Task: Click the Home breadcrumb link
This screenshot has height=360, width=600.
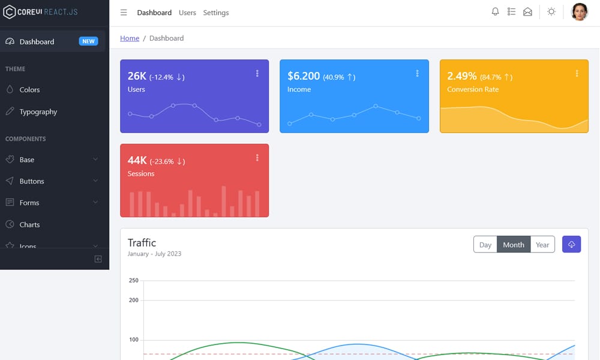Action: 130,38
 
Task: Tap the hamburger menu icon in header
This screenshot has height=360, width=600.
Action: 124,13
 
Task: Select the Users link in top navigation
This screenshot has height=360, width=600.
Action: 187,13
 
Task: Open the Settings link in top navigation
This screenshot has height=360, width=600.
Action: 215,13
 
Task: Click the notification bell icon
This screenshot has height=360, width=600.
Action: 495,12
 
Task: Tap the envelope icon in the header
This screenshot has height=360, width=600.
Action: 527,12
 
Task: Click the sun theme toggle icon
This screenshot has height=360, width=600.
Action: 551,12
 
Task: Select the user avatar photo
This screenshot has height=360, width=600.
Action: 579,12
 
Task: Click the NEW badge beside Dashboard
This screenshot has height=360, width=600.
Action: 89,41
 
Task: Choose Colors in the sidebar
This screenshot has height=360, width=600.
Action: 29,89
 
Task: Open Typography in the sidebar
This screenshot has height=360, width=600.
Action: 38,112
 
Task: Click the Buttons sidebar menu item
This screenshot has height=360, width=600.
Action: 31,181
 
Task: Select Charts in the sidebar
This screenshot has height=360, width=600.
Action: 29,224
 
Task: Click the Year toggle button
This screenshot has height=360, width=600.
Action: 542,245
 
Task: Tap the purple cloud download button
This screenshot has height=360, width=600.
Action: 571,244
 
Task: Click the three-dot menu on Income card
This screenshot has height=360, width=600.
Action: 417,73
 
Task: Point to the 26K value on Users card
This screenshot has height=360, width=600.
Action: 137,76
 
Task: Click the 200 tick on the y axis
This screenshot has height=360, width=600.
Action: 133,300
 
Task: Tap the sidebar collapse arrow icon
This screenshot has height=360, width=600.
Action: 98,259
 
